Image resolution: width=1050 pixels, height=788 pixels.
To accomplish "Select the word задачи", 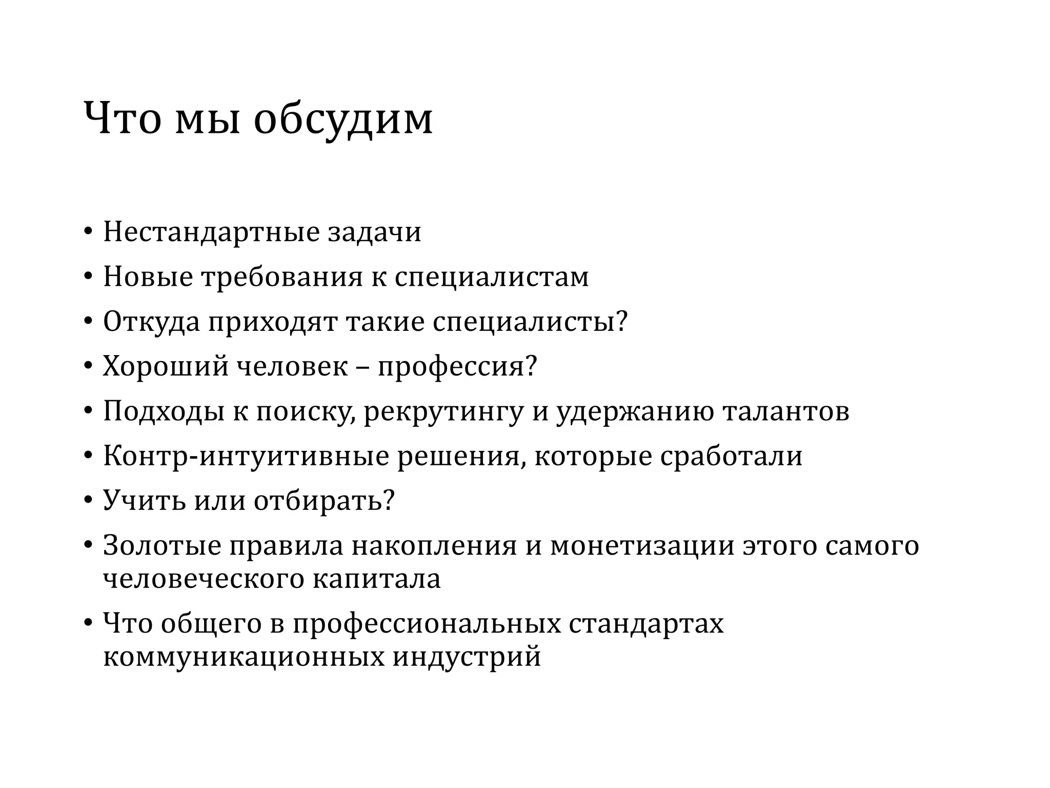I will (x=374, y=232).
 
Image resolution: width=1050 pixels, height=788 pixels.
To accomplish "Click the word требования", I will (x=282, y=277).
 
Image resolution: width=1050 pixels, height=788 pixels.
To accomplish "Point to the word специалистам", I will (x=492, y=277).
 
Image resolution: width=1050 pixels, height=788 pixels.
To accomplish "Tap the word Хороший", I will (x=165, y=367).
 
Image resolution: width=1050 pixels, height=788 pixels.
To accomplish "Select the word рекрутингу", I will (x=443, y=412).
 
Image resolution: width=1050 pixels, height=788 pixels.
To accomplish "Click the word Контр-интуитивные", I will (x=246, y=457).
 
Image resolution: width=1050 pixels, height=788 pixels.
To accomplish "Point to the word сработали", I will (x=731, y=457).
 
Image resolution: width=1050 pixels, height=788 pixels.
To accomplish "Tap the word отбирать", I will (x=318, y=501).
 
